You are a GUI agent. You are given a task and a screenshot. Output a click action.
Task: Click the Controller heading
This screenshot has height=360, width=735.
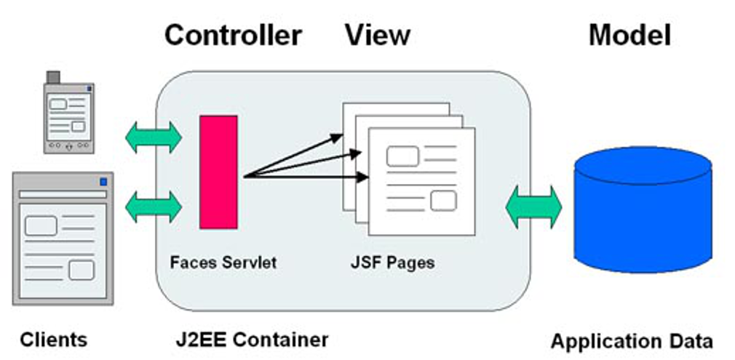click(x=233, y=35)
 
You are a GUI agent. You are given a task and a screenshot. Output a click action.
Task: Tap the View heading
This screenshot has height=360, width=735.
click(x=377, y=35)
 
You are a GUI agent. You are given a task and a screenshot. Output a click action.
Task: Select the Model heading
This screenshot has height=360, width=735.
click(x=629, y=35)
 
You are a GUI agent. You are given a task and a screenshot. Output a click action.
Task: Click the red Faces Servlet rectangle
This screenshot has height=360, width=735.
click(x=218, y=172)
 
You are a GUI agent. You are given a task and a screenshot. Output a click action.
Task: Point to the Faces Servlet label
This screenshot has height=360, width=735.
click(x=223, y=262)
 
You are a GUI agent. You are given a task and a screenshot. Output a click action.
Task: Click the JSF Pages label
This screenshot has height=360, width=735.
click(x=392, y=262)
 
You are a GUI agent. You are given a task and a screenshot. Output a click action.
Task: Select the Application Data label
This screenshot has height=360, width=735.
click(x=632, y=341)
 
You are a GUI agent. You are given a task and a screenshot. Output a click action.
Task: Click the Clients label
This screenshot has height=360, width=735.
click(x=53, y=339)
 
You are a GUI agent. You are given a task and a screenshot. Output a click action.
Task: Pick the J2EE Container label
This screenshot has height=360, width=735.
click(x=252, y=339)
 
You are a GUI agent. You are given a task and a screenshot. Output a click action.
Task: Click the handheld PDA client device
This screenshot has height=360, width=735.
click(x=68, y=116)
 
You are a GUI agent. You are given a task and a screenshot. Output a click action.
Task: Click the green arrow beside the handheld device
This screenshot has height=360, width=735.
click(x=153, y=137)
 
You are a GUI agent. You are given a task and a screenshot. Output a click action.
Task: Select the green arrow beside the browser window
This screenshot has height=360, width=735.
click(x=153, y=207)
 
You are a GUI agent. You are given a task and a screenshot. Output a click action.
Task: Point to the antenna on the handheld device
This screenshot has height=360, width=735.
click(x=52, y=76)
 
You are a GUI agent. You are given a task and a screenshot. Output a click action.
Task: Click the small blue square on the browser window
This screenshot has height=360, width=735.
click(x=103, y=180)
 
